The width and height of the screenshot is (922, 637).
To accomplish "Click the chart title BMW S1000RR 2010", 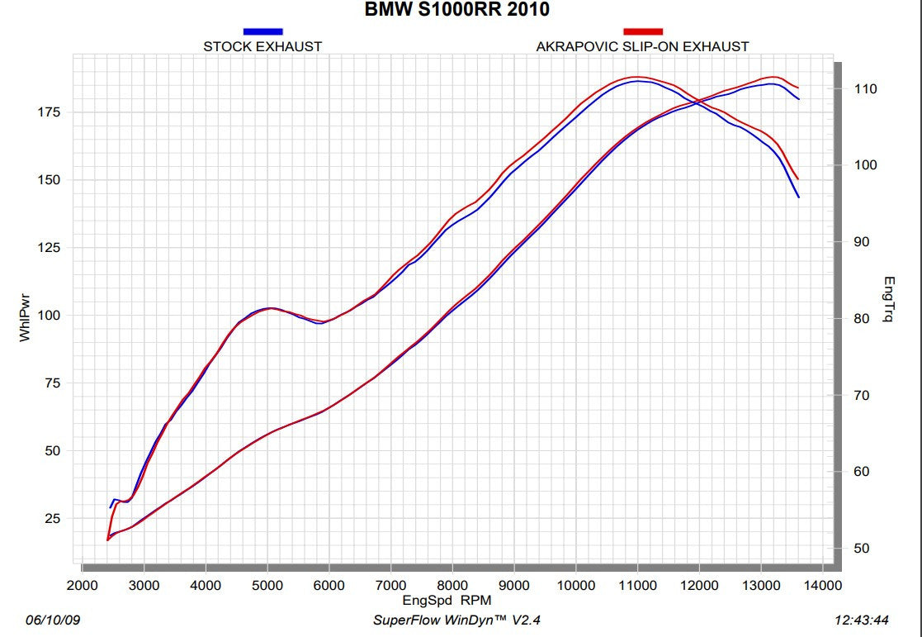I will [456, 11].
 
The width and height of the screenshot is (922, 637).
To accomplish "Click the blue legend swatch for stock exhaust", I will [263, 31].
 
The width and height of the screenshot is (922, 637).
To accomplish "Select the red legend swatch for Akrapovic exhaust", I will [643, 31].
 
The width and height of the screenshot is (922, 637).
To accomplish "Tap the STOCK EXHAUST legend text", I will [262, 46].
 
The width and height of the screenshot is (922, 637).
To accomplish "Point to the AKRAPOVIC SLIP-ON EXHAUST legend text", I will [642, 46].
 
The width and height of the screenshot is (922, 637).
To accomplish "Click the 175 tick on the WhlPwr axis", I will [50, 112].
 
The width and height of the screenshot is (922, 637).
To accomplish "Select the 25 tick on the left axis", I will [53, 519].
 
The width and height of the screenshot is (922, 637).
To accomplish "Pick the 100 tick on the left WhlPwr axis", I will [50, 316].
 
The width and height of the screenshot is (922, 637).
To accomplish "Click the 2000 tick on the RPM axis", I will [83, 585].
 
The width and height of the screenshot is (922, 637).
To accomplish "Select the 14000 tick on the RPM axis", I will [822, 585].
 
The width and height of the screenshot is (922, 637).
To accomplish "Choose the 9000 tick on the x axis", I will [514, 585].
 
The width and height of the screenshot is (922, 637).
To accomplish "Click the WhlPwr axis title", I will [25, 315].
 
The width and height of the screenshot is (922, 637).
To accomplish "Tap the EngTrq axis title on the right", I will [889, 299].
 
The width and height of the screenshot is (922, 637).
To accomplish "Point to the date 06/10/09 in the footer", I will [48, 620].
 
